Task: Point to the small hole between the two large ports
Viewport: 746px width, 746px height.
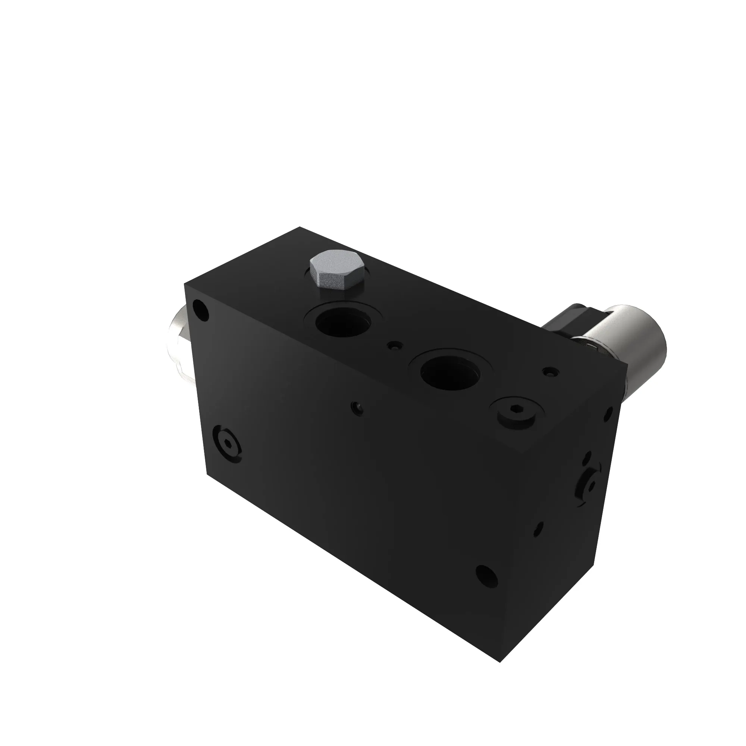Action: point(395,346)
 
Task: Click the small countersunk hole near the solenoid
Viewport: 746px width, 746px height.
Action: point(550,372)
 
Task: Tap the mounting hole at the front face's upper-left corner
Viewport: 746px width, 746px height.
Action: point(200,310)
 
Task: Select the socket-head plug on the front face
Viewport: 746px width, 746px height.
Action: point(228,445)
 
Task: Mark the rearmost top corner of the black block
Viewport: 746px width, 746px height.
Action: point(300,227)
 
